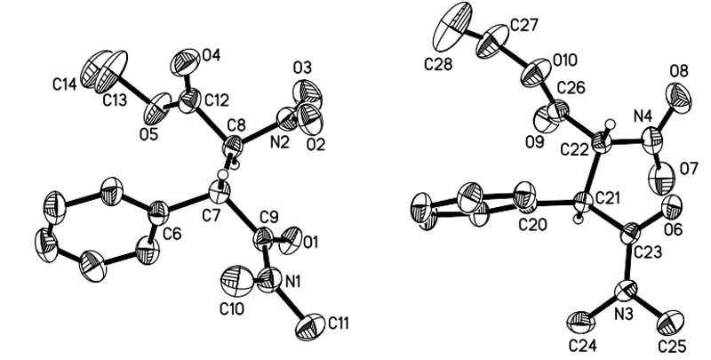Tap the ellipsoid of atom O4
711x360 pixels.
pos(185,60)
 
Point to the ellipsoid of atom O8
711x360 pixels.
pos(683,93)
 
